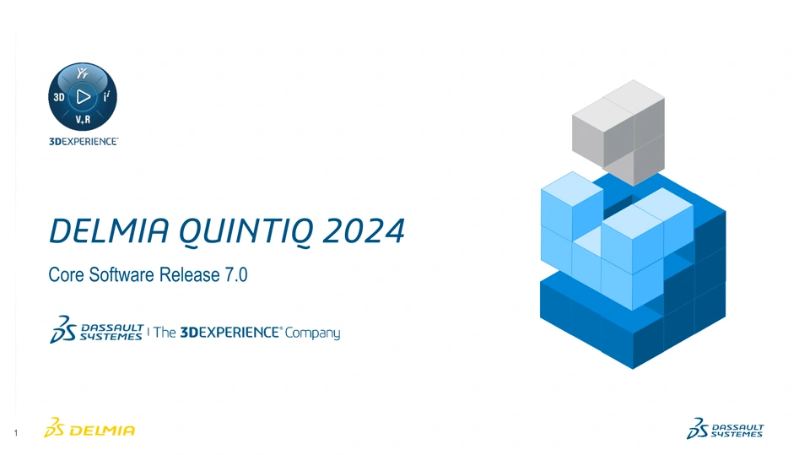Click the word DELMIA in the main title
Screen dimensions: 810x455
click(109, 230)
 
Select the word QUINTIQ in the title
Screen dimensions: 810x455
click(246, 231)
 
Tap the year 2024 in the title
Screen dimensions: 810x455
click(364, 230)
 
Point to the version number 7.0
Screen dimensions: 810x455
click(236, 274)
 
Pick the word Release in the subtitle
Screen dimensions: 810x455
click(190, 274)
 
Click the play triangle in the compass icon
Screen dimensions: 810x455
click(84, 97)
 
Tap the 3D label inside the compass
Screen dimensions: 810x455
click(59, 97)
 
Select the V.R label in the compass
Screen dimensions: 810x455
click(83, 120)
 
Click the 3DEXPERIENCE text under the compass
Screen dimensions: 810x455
click(84, 142)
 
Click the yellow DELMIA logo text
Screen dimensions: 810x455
click(102, 431)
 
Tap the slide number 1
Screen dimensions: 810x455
click(16, 433)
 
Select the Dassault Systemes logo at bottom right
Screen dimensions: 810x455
click(725, 429)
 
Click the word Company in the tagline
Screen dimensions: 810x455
click(312, 333)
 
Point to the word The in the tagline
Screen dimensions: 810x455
click(165, 333)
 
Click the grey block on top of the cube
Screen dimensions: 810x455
click(618, 132)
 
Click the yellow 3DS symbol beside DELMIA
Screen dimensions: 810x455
click(54, 428)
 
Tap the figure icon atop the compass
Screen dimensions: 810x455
click(83, 73)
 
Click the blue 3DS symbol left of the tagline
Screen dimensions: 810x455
click(63, 329)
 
